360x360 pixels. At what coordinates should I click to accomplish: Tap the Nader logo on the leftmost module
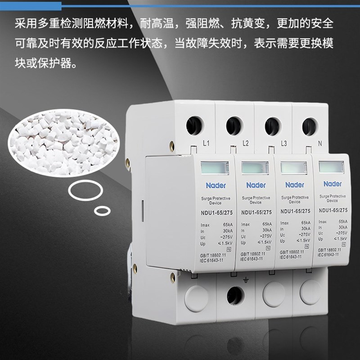pyautogui.click(x=216, y=185)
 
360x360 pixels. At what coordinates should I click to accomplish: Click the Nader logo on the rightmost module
pyautogui.click(x=332, y=184)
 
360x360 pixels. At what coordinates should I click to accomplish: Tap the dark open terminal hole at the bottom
pyautogui.click(x=236, y=297)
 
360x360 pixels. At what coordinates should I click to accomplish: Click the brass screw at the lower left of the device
pyautogui.click(x=172, y=278)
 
